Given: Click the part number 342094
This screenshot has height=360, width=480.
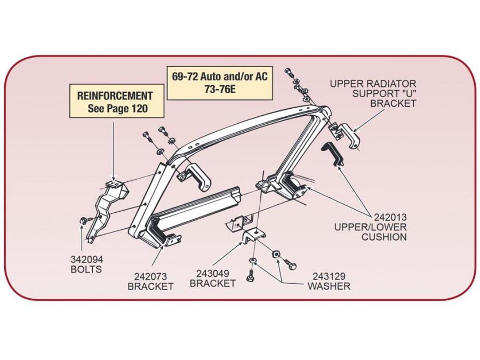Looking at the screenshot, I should click(86, 259).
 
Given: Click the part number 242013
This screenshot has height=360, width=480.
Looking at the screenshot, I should click(390, 217).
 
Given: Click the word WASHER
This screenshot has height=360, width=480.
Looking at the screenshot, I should click(329, 286).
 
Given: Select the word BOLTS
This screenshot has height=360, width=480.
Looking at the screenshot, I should click(86, 269).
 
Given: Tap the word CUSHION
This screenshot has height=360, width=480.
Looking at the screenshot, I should click(384, 237).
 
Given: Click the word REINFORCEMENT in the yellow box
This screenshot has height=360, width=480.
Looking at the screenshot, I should click(115, 96).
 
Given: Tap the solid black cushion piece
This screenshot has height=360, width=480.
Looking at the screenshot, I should click(333, 156).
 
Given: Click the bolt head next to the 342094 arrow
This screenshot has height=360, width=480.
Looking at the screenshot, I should click(84, 220).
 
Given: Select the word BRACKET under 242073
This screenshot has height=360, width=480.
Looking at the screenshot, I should click(150, 286).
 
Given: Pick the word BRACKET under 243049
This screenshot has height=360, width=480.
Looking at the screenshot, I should click(212, 284).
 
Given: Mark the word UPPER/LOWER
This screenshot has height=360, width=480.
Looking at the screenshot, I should click(370, 227).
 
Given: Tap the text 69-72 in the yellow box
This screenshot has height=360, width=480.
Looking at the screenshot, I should click(185, 76).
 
